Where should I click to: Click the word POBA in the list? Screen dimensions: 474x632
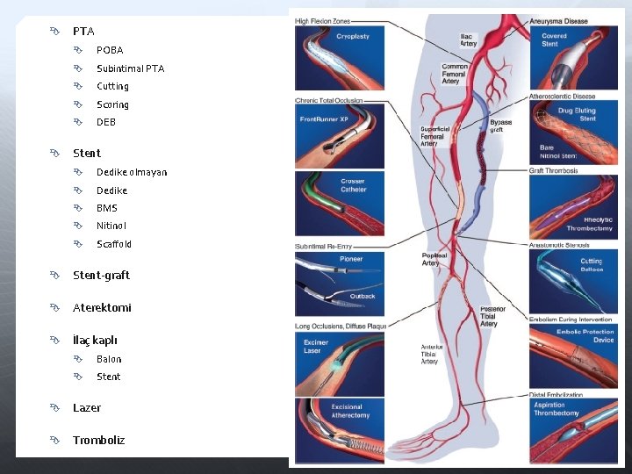pyautogui.click(x=110, y=50)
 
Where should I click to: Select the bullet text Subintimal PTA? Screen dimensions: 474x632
pyautogui.click(x=130, y=68)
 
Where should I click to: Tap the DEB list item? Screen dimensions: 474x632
pyautogui.click(x=106, y=122)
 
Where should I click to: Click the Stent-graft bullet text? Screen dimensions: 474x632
pyautogui.click(x=101, y=275)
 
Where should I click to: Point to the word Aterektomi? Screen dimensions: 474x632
pyautogui.click(x=102, y=308)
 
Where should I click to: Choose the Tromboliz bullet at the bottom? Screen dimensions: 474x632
pyautogui.click(x=98, y=440)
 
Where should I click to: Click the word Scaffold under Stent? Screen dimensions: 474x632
pyautogui.click(x=114, y=244)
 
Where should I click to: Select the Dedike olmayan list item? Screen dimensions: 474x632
pyautogui.click(x=132, y=172)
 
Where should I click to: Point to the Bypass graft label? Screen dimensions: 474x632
pyautogui.click(x=500, y=126)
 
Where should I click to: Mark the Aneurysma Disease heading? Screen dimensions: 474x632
pyautogui.click(x=559, y=21)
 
